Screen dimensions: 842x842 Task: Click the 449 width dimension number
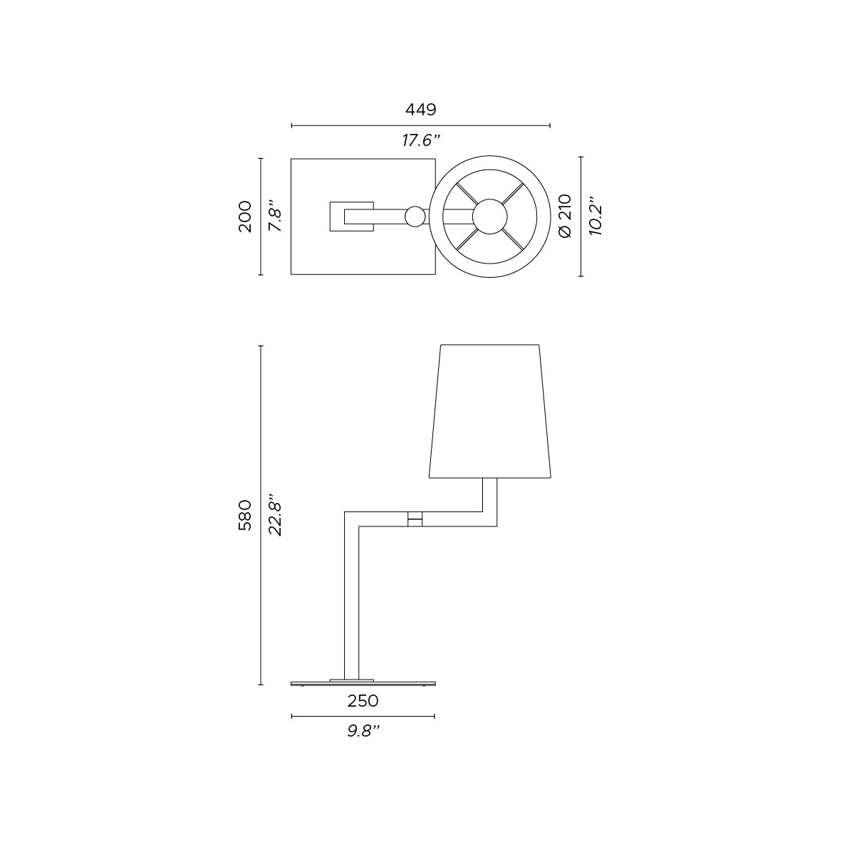pyautogui.click(x=420, y=110)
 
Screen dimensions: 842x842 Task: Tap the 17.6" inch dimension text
pyautogui.click(x=420, y=140)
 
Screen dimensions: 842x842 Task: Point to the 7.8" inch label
pyautogui.click(x=275, y=217)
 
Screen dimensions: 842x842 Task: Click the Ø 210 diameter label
pyautogui.click(x=565, y=217)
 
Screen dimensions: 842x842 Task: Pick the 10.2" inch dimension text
pyautogui.click(x=596, y=217)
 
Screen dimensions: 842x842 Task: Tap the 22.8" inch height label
pyautogui.click(x=275, y=515)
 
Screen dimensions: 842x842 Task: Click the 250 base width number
pyautogui.click(x=363, y=701)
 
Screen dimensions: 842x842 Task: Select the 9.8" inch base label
pyautogui.click(x=363, y=731)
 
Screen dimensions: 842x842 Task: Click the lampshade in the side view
pyautogui.click(x=491, y=412)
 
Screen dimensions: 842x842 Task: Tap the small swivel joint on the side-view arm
pyautogui.click(x=415, y=519)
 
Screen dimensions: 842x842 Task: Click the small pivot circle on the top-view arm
pyautogui.click(x=414, y=217)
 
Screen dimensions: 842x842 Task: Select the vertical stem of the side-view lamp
pyautogui.click(x=351, y=598)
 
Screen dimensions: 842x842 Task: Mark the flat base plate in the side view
pyautogui.click(x=363, y=682)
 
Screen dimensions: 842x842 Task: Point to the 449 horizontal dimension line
pyautogui.click(x=484, y=126)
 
